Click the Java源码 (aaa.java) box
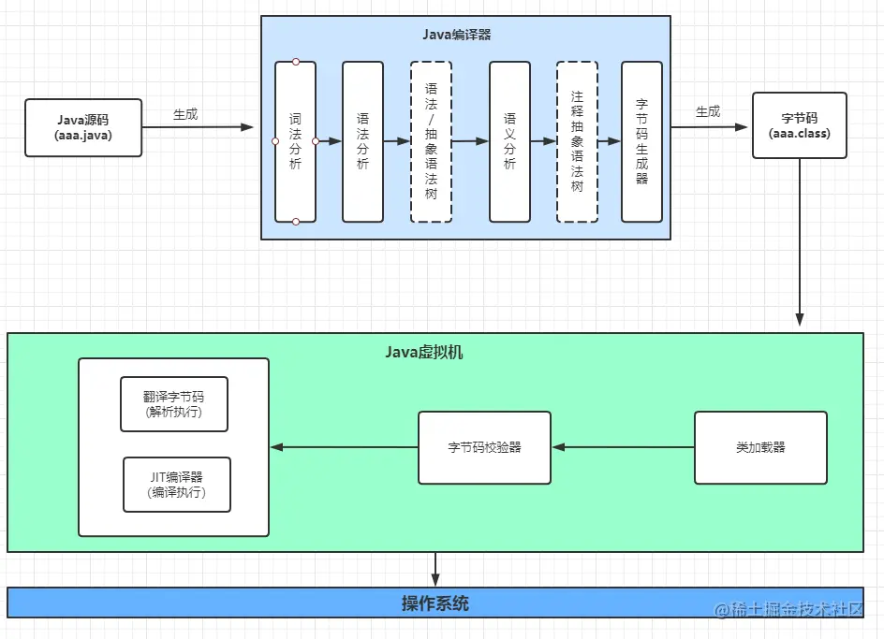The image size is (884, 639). (x=84, y=127)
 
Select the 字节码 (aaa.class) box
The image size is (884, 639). (x=799, y=125)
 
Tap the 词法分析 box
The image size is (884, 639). (x=295, y=141)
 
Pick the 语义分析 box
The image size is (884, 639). (x=509, y=141)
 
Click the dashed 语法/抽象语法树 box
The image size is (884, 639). (x=431, y=141)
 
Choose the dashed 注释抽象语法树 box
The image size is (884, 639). (x=577, y=141)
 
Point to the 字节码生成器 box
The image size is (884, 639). (x=641, y=141)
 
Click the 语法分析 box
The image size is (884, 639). (x=362, y=141)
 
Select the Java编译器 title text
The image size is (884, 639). (x=457, y=35)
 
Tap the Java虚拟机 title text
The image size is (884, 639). (x=424, y=353)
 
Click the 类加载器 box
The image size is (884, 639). (x=760, y=447)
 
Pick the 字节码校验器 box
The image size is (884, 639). (x=484, y=447)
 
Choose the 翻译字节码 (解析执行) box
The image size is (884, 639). (x=174, y=404)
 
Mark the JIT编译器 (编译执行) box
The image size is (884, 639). (x=176, y=485)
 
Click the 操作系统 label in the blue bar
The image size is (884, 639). (x=435, y=603)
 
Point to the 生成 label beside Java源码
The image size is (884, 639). (x=185, y=114)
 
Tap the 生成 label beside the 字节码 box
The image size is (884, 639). (x=708, y=111)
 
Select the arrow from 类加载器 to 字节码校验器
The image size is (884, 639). (x=623, y=447)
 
